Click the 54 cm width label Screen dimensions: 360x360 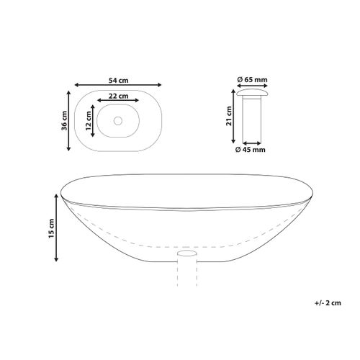(x=119, y=81)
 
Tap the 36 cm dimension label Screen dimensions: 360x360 (x=64, y=120)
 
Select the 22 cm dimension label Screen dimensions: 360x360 (x=119, y=96)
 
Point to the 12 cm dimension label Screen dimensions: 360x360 (x=89, y=120)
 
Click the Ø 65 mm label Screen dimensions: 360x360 (x=252, y=79)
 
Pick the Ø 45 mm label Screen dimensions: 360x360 (x=251, y=150)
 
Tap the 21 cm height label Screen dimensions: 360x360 (x=229, y=116)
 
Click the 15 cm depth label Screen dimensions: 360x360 (x=52, y=228)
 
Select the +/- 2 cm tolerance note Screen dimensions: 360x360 (x=328, y=303)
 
